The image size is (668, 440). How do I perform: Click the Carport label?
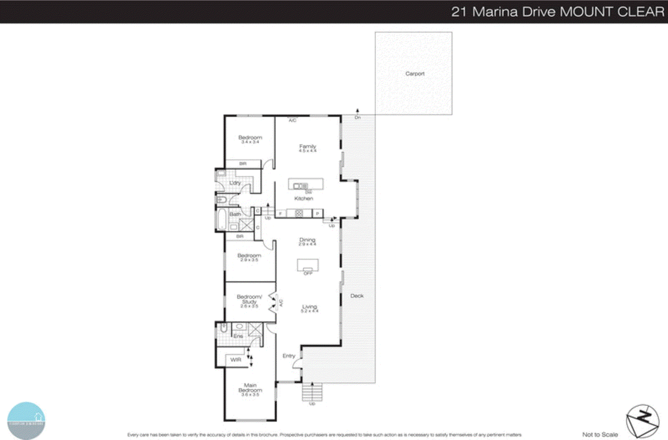415,74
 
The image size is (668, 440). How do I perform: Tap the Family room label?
308,147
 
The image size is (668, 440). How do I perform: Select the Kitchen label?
304,198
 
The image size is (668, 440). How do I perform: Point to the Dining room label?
307,240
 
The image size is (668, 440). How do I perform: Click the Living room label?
309,307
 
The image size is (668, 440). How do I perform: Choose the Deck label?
357,296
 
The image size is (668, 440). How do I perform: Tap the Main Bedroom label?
250,388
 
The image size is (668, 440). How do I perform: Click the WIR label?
236,360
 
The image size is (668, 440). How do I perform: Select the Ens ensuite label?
238,336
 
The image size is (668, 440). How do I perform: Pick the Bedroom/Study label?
249,299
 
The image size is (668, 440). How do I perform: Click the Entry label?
289,356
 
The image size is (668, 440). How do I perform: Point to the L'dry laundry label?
235,183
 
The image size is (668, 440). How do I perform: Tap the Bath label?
235,214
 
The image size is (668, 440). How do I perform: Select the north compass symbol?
643,421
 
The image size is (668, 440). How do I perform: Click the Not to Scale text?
600,435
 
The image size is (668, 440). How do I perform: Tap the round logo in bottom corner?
26,420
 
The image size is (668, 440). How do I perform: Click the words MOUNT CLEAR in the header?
612,12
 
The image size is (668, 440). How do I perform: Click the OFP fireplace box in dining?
308,265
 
